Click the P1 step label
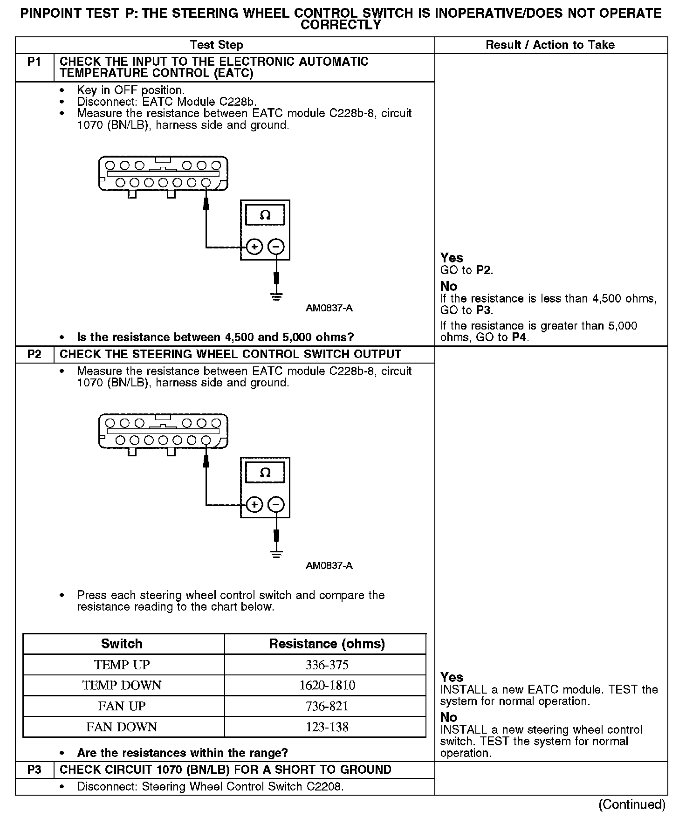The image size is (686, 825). click(34, 62)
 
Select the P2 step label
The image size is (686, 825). click(34, 354)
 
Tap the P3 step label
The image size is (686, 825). click(34, 770)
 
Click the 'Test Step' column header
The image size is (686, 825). click(217, 45)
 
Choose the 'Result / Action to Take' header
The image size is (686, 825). click(550, 45)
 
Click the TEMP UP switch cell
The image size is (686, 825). click(122, 665)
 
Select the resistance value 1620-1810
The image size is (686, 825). click(327, 685)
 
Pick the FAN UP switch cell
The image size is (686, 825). click(122, 706)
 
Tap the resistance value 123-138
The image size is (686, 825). click(327, 727)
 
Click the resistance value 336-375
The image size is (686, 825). click(327, 665)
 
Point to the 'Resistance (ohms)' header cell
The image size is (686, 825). click(327, 644)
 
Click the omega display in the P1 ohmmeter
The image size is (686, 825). click(265, 215)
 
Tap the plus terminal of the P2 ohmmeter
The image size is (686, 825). click(254, 505)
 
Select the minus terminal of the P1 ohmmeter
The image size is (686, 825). click(276, 247)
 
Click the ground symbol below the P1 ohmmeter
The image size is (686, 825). click(276, 296)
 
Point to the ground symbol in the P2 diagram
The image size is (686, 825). click(276, 553)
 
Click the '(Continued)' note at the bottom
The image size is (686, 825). click(632, 804)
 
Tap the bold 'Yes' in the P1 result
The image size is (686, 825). click(452, 258)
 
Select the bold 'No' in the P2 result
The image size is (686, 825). click(449, 717)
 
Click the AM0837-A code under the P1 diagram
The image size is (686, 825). click(329, 308)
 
